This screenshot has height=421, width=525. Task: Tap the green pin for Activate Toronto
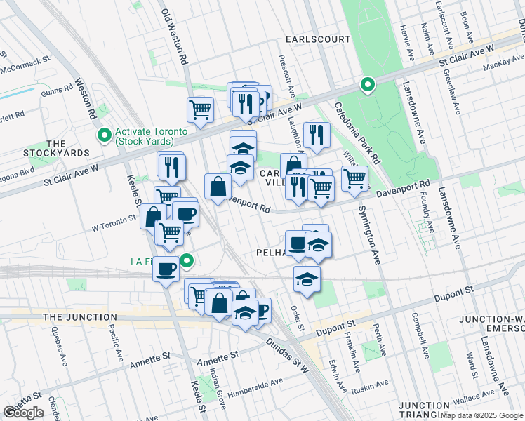pyautogui.click(x=105, y=133)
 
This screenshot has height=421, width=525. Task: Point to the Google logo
pyautogui.click(x=23, y=413)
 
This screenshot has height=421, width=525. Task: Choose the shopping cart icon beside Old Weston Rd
pyautogui.click(x=200, y=109)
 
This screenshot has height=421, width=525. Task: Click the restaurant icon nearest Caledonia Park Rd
pyautogui.click(x=317, y=134)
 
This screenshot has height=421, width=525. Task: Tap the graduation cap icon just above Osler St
pyautogui.click(x=307, y=279)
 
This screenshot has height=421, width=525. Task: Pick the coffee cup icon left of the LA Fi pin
pyautogui.click(x=166, y=269)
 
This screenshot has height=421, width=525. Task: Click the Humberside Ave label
pyautogui.click(x=258, y=384)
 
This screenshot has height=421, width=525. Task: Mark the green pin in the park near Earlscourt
pyautogui.click(x=366, y=86)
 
